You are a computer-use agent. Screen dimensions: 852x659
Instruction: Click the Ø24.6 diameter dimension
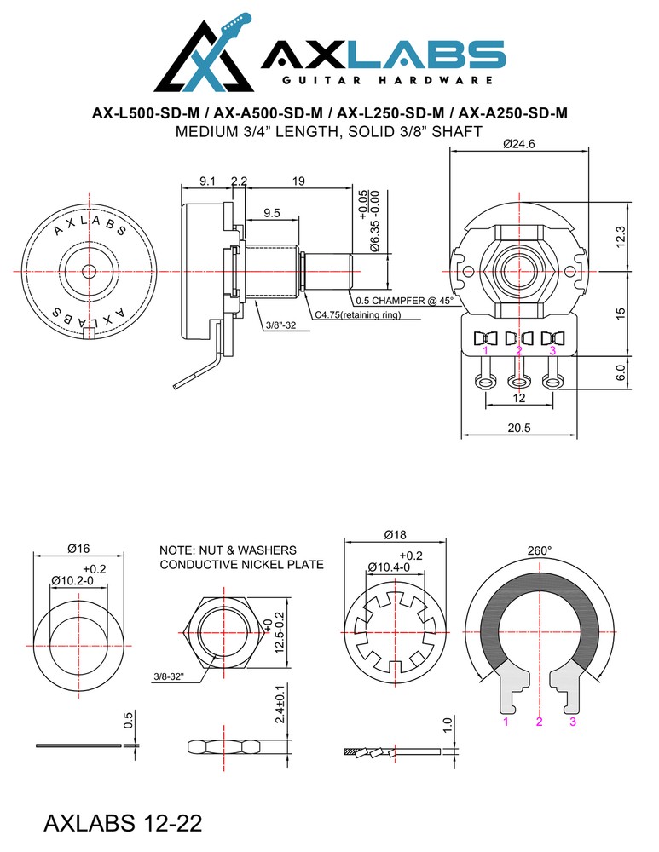pyautogui.click(x=518, y=145)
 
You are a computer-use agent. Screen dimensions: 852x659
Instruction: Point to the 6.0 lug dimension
pyautogui.click(x=621, y=372)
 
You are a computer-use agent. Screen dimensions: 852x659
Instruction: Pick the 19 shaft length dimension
pyautogui.click(x=298, y=181)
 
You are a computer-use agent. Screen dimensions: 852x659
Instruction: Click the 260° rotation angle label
pyautogui.click(x=539, y=551)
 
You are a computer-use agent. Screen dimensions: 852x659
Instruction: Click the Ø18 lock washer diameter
pyautogui.click(x=394, y=535)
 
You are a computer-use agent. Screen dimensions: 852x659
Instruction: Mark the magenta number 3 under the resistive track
pyautogui.click(x=573, y=722)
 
